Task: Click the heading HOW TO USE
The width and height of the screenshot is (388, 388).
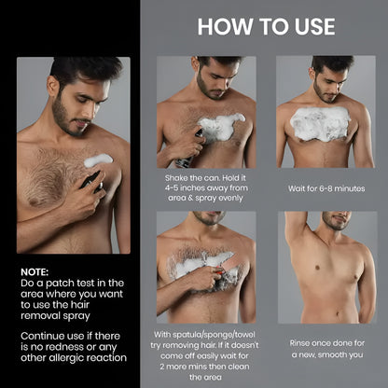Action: (266, 25)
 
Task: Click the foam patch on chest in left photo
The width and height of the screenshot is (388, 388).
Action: (98, 159)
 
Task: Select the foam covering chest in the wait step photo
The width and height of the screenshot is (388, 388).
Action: (320, 121)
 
